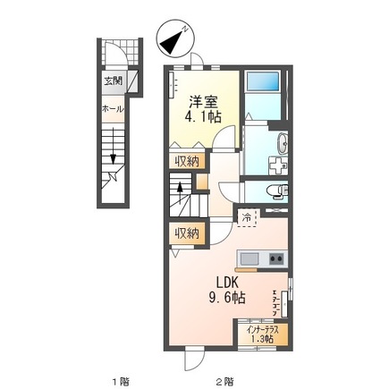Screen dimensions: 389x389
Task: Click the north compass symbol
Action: coord(176,38)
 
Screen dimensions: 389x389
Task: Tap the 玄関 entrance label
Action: coord(113,80)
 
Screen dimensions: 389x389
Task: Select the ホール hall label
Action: coord(113,109)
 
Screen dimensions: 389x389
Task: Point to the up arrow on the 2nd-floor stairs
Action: coord(180,193)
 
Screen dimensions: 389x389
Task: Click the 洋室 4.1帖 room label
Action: coord(204,109)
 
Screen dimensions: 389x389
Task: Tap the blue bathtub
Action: coord(262,81)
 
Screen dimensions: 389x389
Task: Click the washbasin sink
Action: coord(283,144)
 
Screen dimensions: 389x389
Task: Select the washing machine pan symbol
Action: coord(278,165)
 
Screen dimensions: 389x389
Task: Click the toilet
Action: coord(278,190)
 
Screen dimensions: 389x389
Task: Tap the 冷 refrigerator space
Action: coord(247,217)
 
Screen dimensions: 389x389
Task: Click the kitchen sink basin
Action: coord(249,258)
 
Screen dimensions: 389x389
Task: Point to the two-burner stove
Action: coord(276,258)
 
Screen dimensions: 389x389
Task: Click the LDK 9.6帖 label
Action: coord(227,290)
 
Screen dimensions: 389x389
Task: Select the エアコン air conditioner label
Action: coord(275,302)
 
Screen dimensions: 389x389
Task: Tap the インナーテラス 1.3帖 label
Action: coord(263,334)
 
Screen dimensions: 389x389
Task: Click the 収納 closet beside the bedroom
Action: coord(187,161)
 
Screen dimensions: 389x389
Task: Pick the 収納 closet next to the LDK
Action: coord(187,233)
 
